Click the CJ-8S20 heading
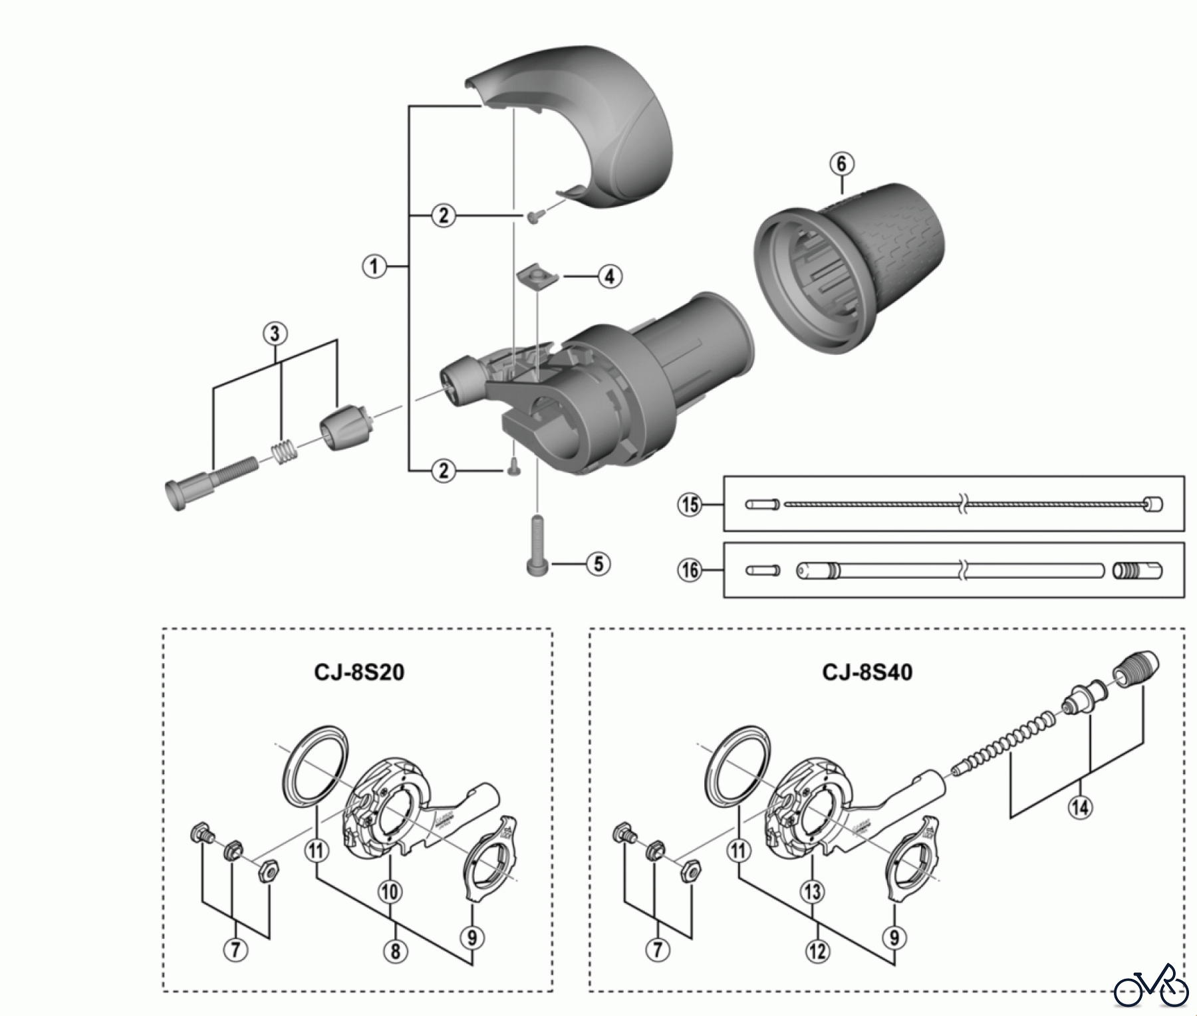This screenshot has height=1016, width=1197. pos(359,672)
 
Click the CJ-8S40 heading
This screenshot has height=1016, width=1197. pos(868,672)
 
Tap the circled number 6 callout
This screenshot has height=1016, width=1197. pos(841,163)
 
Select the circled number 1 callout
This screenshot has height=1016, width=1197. pos(374,267)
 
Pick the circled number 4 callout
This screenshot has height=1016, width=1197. pos(610,276)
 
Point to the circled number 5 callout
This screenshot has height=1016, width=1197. pos(598,564)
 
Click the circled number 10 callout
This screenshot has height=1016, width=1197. pos(390,890)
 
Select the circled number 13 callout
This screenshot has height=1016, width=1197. pos(813,891)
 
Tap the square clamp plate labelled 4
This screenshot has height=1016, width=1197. pos(533,276)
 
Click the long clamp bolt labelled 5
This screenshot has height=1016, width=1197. pos(537,545)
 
